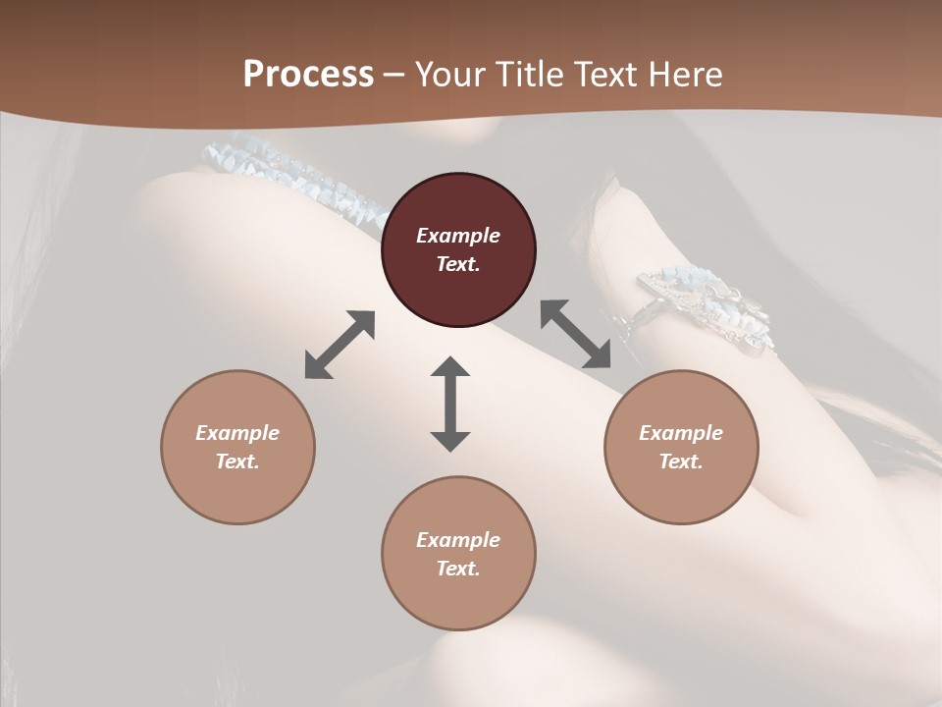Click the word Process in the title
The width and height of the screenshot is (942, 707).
point(308,75)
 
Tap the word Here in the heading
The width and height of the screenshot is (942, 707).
point(684,75)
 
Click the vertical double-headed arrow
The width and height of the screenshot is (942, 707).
point(450,404)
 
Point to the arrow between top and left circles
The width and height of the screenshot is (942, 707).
point(340,345)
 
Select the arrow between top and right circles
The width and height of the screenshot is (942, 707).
point(576,334)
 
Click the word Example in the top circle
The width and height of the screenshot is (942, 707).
point(458,236)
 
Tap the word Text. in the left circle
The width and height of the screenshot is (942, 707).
point(237,462)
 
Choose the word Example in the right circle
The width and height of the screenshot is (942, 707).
point(681,433)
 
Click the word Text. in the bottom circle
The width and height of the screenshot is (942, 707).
point(458,569)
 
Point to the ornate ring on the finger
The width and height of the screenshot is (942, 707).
point(706,309)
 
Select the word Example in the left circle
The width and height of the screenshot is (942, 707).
point(237,433)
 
